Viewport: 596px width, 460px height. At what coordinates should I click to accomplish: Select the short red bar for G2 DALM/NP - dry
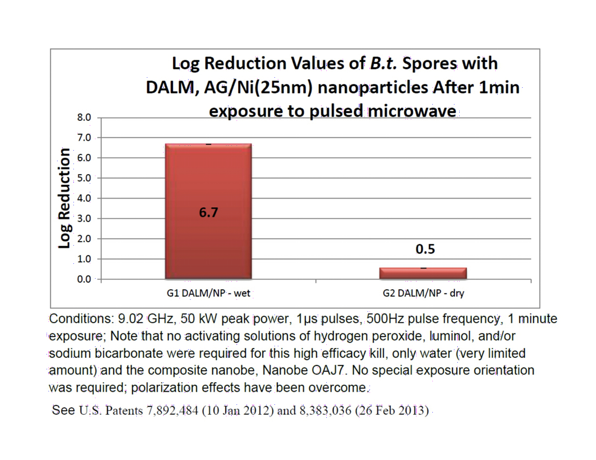pyautogui.click(x=423, y=273)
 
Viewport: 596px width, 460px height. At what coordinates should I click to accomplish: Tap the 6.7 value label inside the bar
pyautogui.click(x=208, y=212)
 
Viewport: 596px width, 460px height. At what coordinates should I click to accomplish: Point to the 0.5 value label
pyautogui.click(x=425, y=249)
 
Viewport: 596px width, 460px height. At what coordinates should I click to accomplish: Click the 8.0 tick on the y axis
pyautogui.click(x=84, y=118)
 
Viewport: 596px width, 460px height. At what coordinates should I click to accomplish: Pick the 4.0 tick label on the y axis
pyautogui.click(x=84, y=198)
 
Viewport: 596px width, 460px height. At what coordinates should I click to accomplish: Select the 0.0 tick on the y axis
pyautogui.click(x=84, y=279)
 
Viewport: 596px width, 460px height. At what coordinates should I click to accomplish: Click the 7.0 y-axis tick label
pyautogui.click(x=84, y=138)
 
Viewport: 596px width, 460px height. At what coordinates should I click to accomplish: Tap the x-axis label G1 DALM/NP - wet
pyautogui.click(x=208, y=293)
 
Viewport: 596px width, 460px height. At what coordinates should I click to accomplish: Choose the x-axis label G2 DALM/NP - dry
pyautogui.click(x=423, y=293)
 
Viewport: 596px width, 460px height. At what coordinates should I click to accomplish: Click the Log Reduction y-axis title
pyautogui.click(x=64, y=198)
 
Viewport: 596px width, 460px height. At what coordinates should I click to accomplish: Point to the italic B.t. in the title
pyautogui.click(x=383, y=63)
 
